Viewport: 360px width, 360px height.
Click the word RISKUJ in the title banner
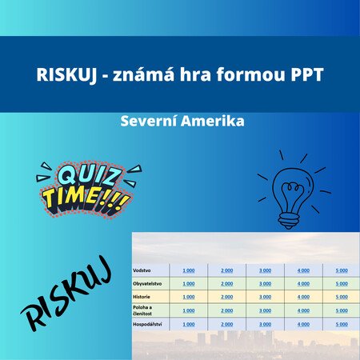pos(66,74)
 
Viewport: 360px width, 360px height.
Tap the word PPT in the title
pos(307,74)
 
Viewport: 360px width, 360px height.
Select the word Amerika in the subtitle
pos(213,121)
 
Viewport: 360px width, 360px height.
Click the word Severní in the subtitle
pos(149,121)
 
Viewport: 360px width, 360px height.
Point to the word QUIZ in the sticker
pos(87,175)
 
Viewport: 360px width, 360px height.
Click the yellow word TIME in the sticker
pos(74,198)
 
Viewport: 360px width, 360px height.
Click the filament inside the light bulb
pos(292,194)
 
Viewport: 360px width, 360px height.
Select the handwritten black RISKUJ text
pos(66,294)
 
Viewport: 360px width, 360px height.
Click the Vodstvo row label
pos(142,270)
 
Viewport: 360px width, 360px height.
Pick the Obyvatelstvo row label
pos(147,284)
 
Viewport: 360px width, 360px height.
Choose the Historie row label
pos(142,297)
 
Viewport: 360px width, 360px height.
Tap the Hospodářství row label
pos(147,325)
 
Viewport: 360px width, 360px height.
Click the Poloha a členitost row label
pos(142,310)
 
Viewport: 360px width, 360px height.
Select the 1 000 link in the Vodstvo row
pos(189,270)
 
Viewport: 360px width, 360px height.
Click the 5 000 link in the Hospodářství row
pos(342,324)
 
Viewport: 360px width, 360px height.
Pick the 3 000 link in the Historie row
pos(265,297)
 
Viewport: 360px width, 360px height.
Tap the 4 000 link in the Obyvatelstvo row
pos(303,284)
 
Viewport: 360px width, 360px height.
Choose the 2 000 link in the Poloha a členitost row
pos(227,310)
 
